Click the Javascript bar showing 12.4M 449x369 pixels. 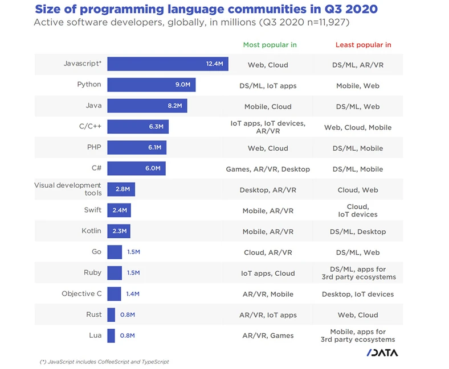pyautogui.click(x=168, y=64)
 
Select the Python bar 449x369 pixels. pyautogui.click(x=151, y=85)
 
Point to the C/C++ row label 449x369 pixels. pyautogui.click(x=89, y=126)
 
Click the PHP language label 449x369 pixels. pyautogui.click(x=93, y=147)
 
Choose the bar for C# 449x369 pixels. pyautogui.click(x=136, y=168)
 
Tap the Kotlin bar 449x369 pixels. pyautogui.click(x=119, y=231)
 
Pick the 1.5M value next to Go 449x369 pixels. pyautogui.click(x=133, y=252)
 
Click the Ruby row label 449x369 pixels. pyautogui.click(x=92, y=272)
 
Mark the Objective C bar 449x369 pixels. pyautogui.click(x=114, y=294)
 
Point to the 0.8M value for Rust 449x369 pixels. pyautogui.click(x=127, y=315)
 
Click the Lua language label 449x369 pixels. pyautogui.click(x=95, y=335)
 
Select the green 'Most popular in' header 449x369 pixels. pyautogui.click(x=270, y=45)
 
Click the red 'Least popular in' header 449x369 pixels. pyautogui.click(x=363, y=45)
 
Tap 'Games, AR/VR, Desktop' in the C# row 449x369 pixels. pyautogui.click(x=267, y=169)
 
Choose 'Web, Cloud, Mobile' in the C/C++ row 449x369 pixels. pyautogui.click(x=357, y=127)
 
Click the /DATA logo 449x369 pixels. pyautogui.click(x=382, y=353)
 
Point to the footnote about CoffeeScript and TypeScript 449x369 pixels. pyautogui.click(x=104, y=362)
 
